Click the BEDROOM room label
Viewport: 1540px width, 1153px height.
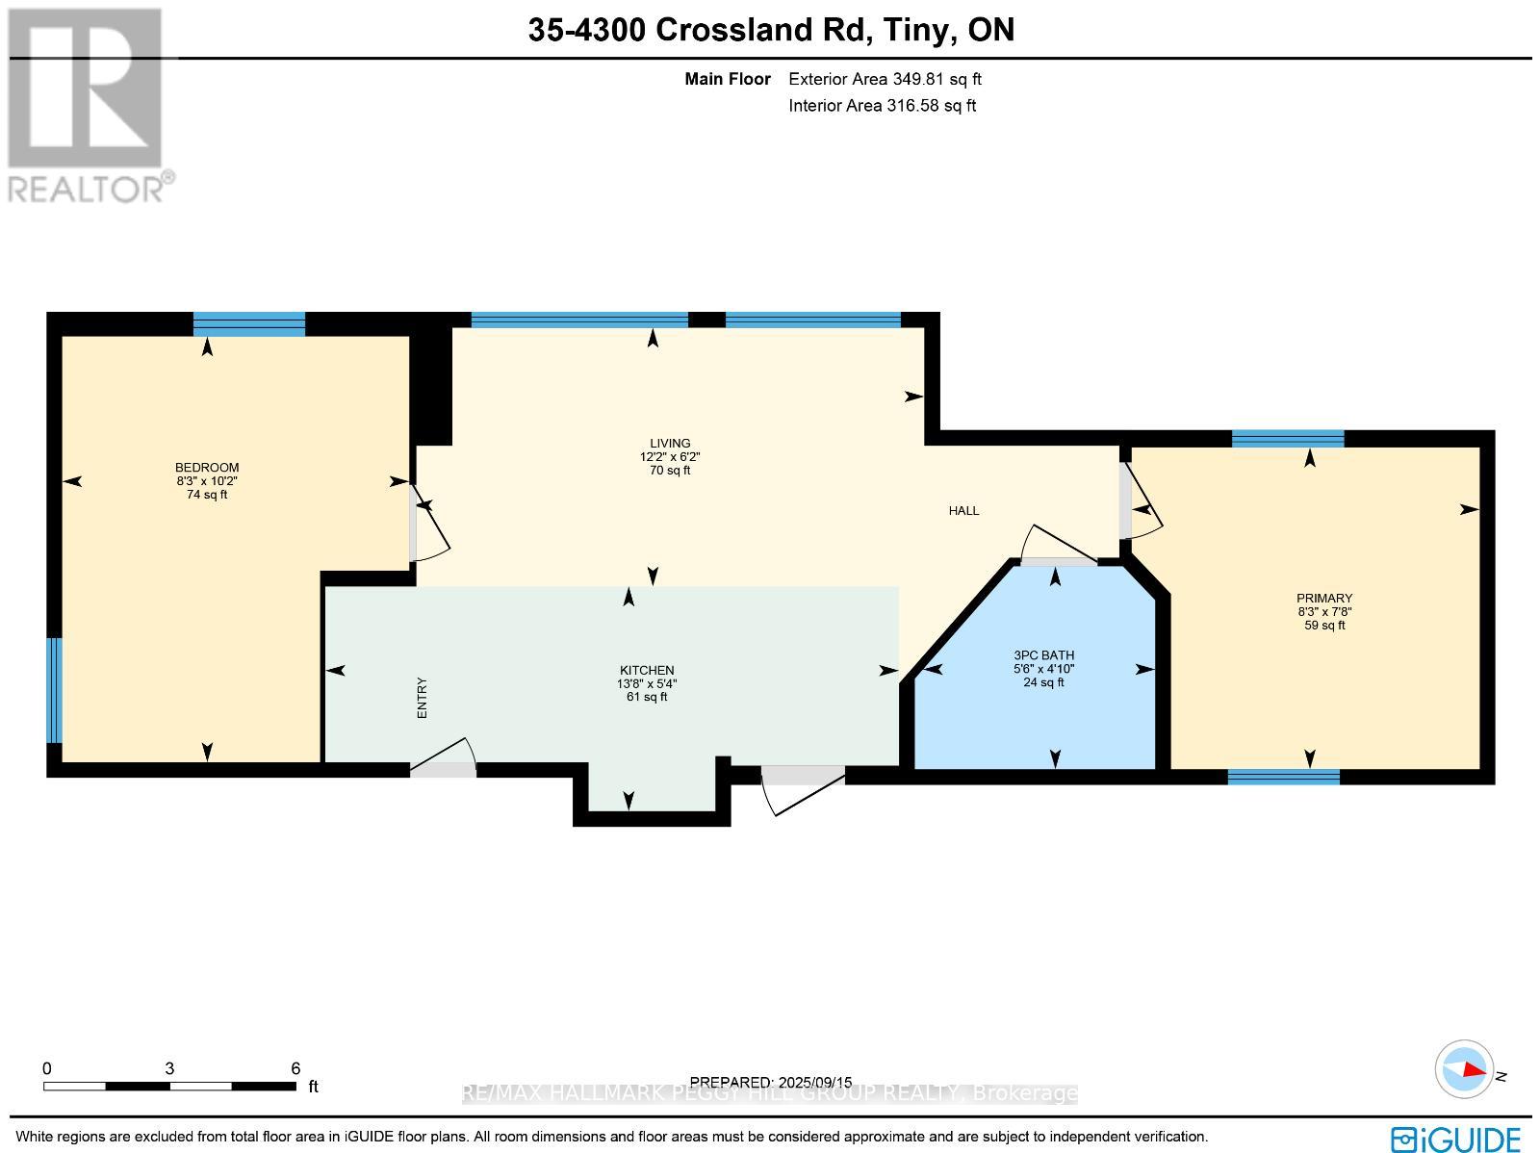click(207, 468)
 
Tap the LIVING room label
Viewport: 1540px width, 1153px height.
click(670, 444)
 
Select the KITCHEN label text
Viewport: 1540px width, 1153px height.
click(647, 671)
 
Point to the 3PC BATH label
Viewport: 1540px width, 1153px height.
click(1043, 655)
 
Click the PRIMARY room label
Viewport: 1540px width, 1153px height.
click(1324, 598)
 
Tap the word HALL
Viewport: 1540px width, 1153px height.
click(963, 511)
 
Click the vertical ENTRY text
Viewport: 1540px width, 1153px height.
click(422, 698)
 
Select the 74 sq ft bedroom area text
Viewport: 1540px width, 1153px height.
click(207, 495)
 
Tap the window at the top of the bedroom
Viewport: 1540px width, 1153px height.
click(248, 323)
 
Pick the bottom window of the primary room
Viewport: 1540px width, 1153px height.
click(1283, 777)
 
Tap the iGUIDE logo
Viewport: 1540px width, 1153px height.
click(1456, 1138)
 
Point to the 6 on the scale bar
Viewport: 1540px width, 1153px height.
click(295, 1068)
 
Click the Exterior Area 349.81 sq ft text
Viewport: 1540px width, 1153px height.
click(885, 80)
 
